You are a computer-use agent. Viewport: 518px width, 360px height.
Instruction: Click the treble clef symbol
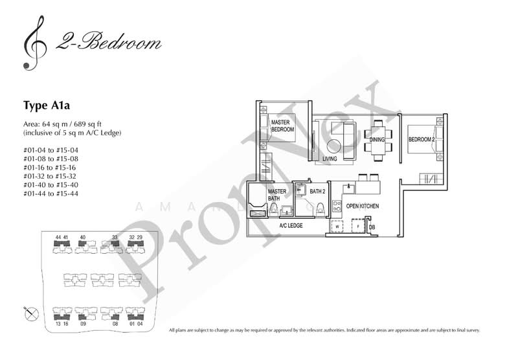(x=30, y=43)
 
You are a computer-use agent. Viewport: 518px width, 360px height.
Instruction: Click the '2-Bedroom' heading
(x=108, y=44)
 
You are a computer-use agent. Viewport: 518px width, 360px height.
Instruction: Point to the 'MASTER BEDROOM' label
(x=282, y=126)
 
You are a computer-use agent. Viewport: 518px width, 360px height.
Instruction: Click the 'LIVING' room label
(x=330, y=157)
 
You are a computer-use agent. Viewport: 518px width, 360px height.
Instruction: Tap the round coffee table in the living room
(x=337, y=146)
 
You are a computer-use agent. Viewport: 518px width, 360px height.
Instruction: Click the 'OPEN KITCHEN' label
(x=363, y=206)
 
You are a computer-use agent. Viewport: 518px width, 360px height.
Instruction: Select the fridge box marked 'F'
(x=357, y=227)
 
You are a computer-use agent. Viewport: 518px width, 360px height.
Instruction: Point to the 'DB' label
(x=372, y=227)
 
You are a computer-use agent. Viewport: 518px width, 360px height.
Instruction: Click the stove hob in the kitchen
(x=336, y=207)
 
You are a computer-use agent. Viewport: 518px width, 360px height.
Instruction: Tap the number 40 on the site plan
(x=83, y=238)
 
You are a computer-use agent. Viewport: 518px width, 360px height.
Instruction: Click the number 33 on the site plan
(x=115, y=238)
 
